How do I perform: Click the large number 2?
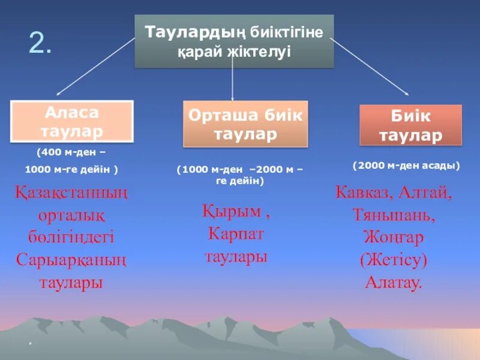40,44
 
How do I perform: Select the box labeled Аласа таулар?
72,121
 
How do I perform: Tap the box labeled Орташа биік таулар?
245,124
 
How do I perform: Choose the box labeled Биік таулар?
410,125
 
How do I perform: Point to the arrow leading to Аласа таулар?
96,66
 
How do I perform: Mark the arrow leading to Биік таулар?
369,66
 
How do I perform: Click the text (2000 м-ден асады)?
406,166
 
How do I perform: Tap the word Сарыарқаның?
71,260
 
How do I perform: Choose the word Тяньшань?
394,215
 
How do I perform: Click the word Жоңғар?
394,238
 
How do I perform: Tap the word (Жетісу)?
394,260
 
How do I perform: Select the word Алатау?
394,282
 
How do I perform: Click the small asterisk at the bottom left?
29,344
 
